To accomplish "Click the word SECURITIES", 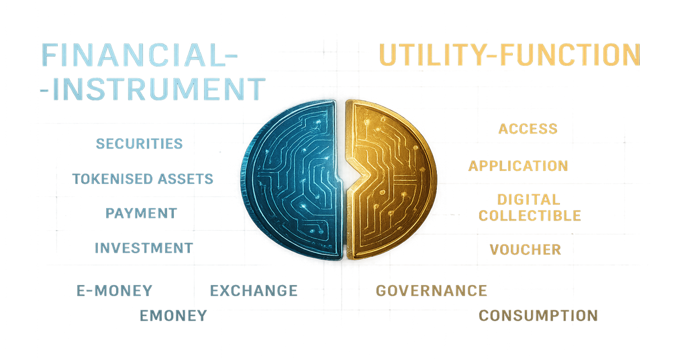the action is (139, 143).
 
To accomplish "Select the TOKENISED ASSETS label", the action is (143, 179).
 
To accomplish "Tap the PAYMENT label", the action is (141, 213).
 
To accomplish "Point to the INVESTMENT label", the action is (143, 248).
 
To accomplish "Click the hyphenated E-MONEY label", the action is (114, 290).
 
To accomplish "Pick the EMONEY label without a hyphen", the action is (173, 315).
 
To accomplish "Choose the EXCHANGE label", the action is (253, 290).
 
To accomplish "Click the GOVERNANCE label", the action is (432, 290).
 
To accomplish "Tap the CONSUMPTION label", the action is (538, 315).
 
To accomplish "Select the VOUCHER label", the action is (525, 250).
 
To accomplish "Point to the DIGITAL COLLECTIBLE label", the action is (529, 207).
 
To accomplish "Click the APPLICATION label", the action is (518, 166).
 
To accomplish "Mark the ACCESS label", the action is (528, 129).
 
